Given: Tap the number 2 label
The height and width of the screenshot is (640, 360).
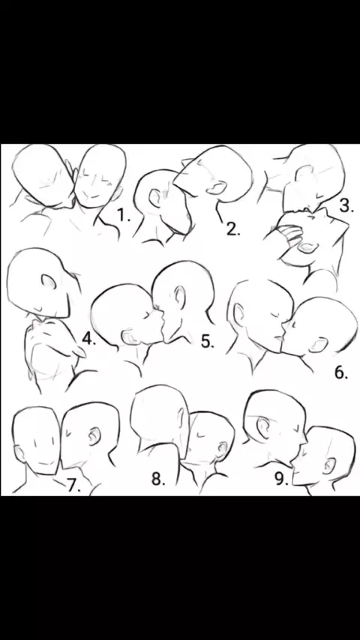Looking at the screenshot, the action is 233,230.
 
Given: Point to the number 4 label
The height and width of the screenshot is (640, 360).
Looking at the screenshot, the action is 88,339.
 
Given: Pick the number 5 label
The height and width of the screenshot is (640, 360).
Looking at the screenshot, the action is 208,341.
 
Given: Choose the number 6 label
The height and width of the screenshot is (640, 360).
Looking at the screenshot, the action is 341,372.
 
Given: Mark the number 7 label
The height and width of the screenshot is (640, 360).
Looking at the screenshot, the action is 73,486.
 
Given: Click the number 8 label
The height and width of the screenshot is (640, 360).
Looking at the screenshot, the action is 158,479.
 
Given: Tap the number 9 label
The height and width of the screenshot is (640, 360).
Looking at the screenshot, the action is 281,479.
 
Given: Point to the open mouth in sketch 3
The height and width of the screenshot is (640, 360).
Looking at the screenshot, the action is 306,247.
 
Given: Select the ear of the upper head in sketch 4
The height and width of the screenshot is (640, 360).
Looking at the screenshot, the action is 48,281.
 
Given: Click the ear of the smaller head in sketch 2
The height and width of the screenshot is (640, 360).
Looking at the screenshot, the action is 155,198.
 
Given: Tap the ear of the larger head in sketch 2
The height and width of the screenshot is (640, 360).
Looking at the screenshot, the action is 217,188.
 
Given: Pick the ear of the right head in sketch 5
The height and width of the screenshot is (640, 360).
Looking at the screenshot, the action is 179,296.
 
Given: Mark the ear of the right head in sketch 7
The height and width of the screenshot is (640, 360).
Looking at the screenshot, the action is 94,436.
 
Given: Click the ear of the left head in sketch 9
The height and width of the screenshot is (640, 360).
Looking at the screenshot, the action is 262,426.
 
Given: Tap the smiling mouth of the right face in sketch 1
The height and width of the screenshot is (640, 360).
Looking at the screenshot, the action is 94,196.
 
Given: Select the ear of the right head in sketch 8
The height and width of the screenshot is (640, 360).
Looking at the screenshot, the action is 223,450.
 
